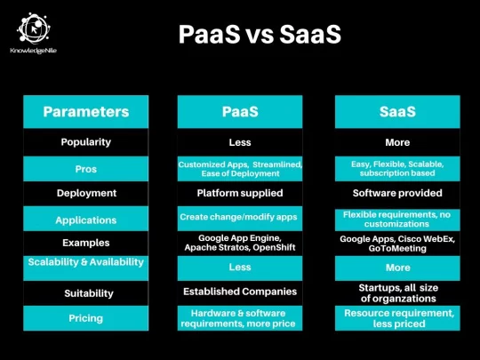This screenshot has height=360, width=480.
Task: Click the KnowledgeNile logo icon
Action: (x=34, y=28)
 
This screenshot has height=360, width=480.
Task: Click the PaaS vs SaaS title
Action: (x=260, y=34)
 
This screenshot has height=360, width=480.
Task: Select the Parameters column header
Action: (x=86, y=112)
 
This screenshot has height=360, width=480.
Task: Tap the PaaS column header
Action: (x=240, y=112)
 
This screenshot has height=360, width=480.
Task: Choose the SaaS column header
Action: (x=397, y=112)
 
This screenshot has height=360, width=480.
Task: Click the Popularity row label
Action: (x=86, y=142)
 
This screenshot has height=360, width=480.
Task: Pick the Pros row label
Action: (x=86, y=169)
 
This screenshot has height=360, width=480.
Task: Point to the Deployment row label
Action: (x=86, y=193)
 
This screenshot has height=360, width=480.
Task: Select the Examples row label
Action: (x=86, y=243)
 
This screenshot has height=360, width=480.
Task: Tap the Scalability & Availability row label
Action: (x=86, y=262)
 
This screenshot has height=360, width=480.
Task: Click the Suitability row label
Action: (x=89, y=293)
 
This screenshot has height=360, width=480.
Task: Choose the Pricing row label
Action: (x=86, y=318)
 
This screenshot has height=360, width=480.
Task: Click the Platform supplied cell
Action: (x=240, y=193)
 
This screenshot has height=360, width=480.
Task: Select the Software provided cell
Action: (x=397, y=193)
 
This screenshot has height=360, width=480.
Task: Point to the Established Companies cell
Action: (x=240, y=292)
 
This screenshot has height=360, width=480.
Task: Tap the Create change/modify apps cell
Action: (x=238, y=217)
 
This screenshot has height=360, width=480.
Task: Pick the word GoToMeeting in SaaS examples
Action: (x=397, y=248)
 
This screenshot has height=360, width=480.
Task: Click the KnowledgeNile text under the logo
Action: (x=34, y=51)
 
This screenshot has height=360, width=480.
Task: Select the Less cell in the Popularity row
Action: (x=240, y=142)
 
